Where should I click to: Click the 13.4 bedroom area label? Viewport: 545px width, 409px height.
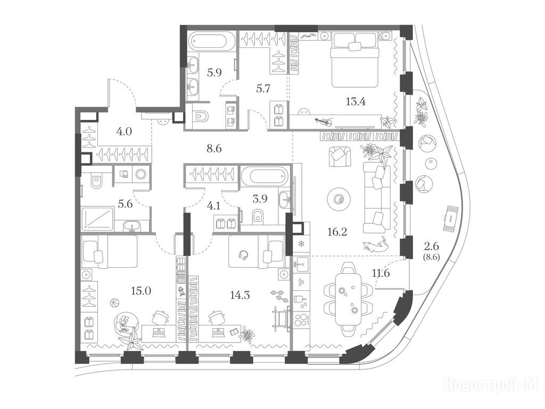point(356,102)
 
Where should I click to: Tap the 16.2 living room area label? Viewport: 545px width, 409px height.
point(337,232)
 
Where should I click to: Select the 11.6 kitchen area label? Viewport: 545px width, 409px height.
point(381,273)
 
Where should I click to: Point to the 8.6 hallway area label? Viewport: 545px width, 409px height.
point(214,149)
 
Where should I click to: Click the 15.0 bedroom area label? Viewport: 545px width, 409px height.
point(141,291)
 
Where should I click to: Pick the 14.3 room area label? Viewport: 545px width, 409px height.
point(240,295)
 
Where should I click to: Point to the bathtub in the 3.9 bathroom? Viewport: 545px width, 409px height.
point(266,176)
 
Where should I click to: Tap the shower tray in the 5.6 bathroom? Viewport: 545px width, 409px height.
point(98,219)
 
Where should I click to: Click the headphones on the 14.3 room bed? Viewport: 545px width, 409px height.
point(243,255)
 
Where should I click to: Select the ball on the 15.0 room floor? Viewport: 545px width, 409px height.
point(114,303)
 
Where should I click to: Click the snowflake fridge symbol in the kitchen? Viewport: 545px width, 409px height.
point(301,243)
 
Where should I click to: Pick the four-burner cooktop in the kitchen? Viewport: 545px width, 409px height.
point(302,320)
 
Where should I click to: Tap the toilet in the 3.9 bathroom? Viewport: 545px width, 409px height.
point(258,216)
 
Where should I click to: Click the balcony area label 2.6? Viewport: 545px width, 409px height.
point(431,246)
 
